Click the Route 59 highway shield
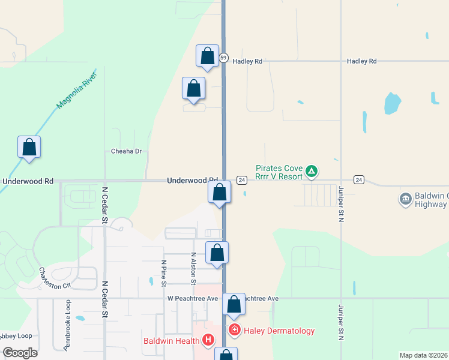[x=223, y=58]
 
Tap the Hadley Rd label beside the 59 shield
[x=248, y=61]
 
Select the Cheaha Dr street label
[x=126, y=152]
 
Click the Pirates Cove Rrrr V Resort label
[x=280, y=173]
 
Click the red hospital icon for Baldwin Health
[x=208, y=341]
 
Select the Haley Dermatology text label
[x=279, y=331]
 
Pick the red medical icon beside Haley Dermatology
[x=234, y=330]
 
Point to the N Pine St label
[x=164, y=272]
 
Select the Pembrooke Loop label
[x=67, y=325]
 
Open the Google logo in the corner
[x=20, y=353]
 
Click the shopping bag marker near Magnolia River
[x=29, y=147]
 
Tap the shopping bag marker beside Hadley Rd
[x=207, y=56]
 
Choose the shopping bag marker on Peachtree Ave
[x=234, y=304]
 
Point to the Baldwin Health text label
[x=171, y=341]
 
